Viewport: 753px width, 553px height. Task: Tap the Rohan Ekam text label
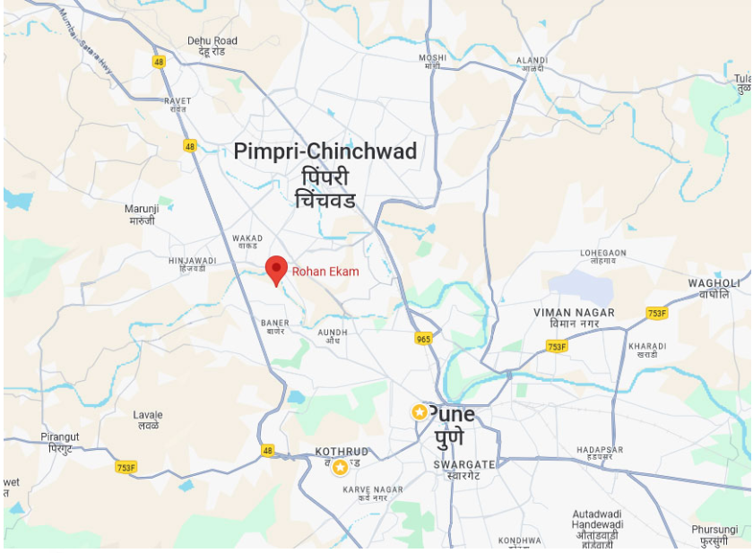(325, 272)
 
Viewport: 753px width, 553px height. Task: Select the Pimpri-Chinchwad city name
(325, 151)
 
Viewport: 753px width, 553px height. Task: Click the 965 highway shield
(423, 339)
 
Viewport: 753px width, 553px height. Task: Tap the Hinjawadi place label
(193, 261)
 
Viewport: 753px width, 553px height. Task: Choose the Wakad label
(247, 239)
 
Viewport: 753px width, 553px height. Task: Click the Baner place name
(273, 323)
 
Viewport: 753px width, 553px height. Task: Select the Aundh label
(333, 332)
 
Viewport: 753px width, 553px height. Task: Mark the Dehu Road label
(212, 41)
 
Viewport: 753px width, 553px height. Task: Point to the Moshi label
(432, 59)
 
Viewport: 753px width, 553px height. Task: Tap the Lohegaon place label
(602, 254)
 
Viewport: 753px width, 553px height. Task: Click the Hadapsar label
(600, 450)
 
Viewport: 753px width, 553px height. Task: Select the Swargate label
(463, 465)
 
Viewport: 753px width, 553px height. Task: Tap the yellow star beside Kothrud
(340, 467)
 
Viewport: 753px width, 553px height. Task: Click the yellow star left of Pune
(419, 412)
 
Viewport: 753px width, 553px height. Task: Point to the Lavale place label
(148, 416)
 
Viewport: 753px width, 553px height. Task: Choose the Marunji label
(141, 209)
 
